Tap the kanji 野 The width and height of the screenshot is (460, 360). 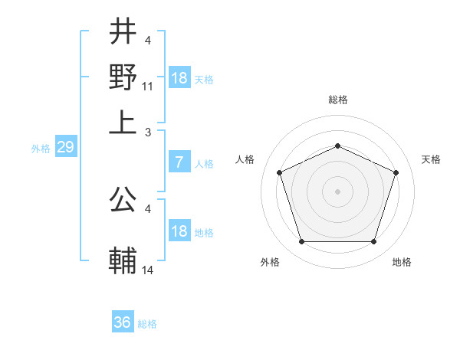(x=123, y=77)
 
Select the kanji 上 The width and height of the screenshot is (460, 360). (x=123, y=122)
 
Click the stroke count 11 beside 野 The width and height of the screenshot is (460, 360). (x=148, y=87)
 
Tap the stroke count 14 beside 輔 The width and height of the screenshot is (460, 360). (x=148, y=270)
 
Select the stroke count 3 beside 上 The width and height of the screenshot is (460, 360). (x=149, y=132)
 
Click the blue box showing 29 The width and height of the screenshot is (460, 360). (x=65, y=148)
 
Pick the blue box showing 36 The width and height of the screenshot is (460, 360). (x=123, y=322)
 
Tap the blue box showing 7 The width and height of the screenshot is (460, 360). (x=179, y=162)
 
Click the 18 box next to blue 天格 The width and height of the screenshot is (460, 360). (x=179, y=78)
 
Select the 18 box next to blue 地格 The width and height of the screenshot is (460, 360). (x=179, y=231)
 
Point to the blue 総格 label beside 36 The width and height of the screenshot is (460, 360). (x=147, y=324)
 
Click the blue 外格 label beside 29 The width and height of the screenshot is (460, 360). (x=41, y=149)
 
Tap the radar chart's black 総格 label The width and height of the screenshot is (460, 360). (x=337, y=100)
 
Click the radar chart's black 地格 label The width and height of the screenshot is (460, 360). (x=402, y=263)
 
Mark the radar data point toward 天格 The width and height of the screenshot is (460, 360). (x=396, y=172)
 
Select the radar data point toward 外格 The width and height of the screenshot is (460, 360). (x=301, y=242)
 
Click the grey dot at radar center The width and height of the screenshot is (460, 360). (x=337, y=191)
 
